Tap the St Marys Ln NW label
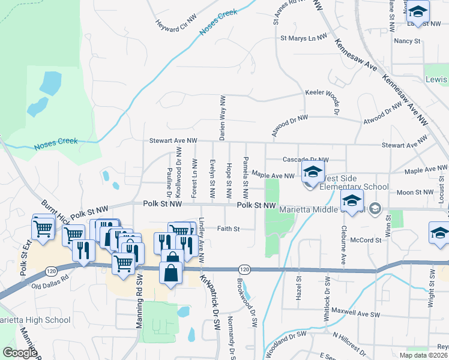click(304, 38)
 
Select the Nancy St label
click(406, 41)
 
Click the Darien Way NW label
click(223, 118)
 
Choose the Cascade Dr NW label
click(306, 160)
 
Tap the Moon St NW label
click(415, 193)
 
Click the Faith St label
click(228, 229)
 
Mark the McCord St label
click(366, 240)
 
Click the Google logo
click(19, 353)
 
